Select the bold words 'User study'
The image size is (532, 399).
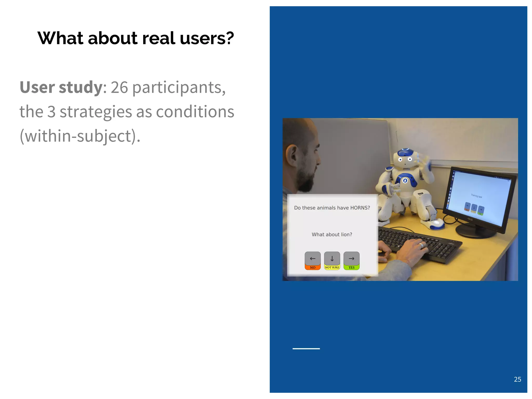pos(61,87)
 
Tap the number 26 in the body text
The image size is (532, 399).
pos(119,87)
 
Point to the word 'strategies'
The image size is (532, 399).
pos(96,112)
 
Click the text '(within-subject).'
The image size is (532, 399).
pos(80,136)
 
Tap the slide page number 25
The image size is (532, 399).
pos(517,379)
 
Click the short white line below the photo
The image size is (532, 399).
pos(306,349)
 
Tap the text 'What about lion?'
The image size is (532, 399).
pos(332,235)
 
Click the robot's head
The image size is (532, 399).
pos(405,157)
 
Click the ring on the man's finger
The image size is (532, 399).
pos(422,245)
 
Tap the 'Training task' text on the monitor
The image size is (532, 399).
pos(476,196)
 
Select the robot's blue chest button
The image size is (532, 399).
pos(405,181)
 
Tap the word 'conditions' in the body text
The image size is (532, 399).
pos(195,112)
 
